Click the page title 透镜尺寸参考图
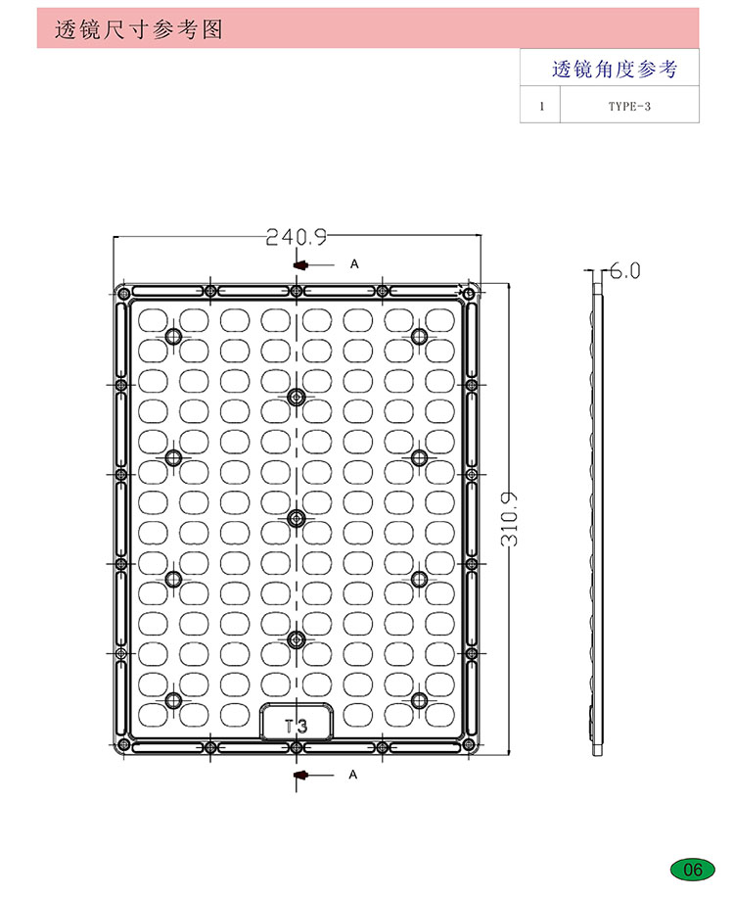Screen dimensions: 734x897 pyautogui.click(x=138, y=29)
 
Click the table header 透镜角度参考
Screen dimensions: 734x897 pyautogui.click(x=615, y=70)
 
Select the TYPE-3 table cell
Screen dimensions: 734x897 pyautogui.click(x=629, y=106)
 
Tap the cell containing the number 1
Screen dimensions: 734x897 pyautogui.click(x=541, y=106)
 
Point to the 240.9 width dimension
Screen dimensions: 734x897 pyautogui.click(x=297, y=237)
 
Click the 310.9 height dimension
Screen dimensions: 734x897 pyautogui.click(x=509, y=519)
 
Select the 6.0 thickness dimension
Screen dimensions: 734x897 pyautogui.click(x=624, y=270)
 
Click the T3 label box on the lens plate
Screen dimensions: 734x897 pyautogui.click(x=297, y=722)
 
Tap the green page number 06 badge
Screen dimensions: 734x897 pyautogui.click(x=692, y=870)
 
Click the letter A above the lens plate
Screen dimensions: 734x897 pyautogui.click(x=354, y=263)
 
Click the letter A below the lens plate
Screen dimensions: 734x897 pyautogui.click(x=352, y=775)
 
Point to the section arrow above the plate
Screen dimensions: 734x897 pyautogui.click(x=313, y=264)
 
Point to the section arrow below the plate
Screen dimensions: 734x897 pyautogui.click(x=313, y=776)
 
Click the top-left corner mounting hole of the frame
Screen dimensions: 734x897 pyautogui.click(x=123, y=295)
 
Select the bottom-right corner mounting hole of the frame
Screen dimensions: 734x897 pyautogui.click(x=468, y=745)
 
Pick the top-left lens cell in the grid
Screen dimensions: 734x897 pyautogui.click(x=154, y=320)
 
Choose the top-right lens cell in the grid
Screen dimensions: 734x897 pyautogui.click(x=440, y=320)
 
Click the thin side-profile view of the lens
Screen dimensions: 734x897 pyautogui.click(x=597, y=519)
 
